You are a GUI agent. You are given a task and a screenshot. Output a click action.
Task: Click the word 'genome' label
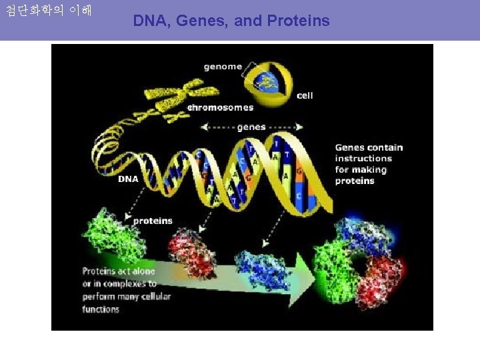coord(223,67)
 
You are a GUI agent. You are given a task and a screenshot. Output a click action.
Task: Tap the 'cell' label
coord(305,95)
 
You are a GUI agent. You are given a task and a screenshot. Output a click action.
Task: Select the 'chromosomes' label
coord(220,107)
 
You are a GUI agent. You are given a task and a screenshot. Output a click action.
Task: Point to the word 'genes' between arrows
coord(251,127)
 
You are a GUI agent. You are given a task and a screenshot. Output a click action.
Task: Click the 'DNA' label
coord(128,179)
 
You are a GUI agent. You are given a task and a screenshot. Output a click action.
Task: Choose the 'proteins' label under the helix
coord(153,221)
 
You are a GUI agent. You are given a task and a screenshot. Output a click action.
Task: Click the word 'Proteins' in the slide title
coord(298,21)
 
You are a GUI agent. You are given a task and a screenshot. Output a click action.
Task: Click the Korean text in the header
coord(49,11)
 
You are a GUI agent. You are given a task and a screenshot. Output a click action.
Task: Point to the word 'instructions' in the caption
coord(363,159)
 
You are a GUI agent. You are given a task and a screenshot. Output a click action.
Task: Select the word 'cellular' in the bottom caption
coord(155,297)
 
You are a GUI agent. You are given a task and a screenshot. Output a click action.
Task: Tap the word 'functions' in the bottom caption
coord(101,309)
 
